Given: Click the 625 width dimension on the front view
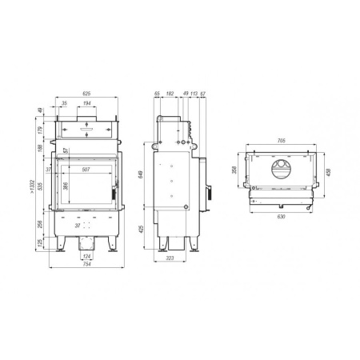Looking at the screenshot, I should [85, 93].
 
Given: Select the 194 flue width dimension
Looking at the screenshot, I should [86, 105].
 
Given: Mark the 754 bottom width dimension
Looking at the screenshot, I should [86, 265].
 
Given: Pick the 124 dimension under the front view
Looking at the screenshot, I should [86, 255].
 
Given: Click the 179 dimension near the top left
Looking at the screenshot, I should [40, 130].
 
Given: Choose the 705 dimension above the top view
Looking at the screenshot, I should [280, 141].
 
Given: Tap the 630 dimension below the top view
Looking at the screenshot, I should [280, 216].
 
